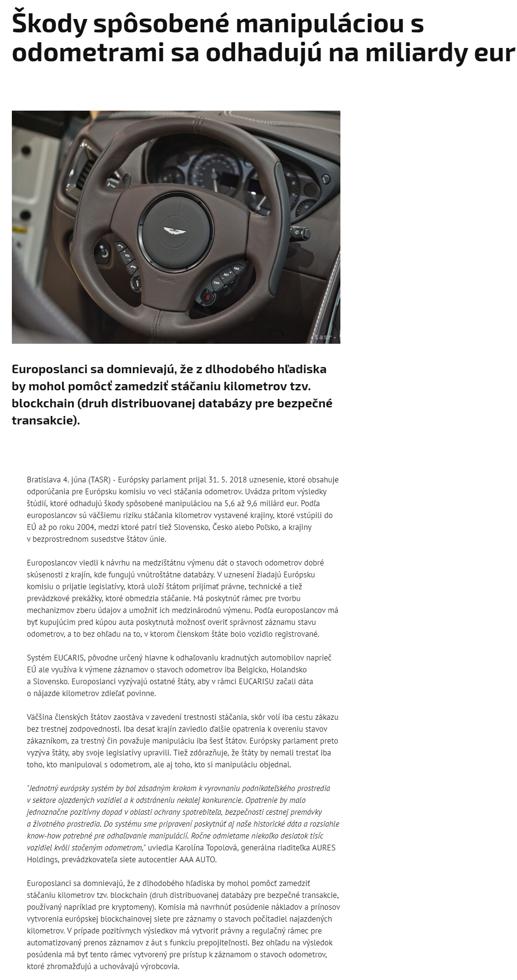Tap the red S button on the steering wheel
click(x=207, y=297)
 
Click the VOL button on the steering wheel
click(x=127, y=256)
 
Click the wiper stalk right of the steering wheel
click(x=300, y=233)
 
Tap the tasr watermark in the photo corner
click(x=324, y=337)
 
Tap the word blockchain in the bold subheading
click(x=43, y=404)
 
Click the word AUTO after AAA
click(x=207, y=859)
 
